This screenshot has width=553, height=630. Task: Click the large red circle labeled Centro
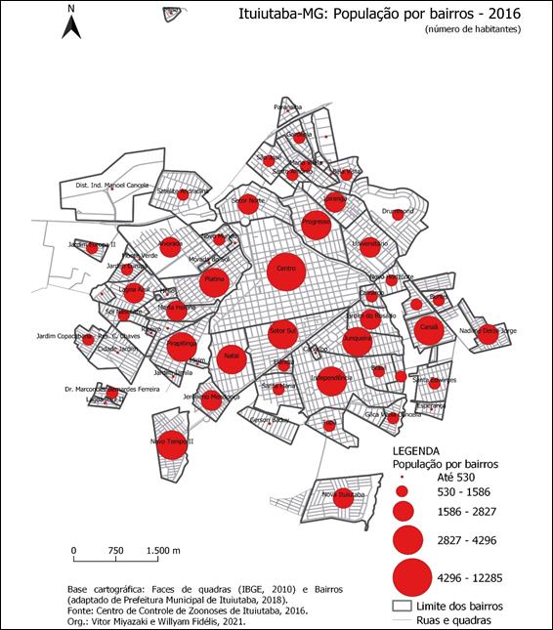point(287,268)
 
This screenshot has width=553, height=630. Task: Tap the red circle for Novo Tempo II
point(172,443)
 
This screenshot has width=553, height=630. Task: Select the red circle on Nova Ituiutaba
point(343,496)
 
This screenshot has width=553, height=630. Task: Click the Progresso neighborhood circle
point(316,224)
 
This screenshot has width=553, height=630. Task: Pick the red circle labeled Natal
point(232,357)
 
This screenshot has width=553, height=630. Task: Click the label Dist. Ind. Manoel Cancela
point(112,185)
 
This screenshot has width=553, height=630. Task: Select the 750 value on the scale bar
point(115,551)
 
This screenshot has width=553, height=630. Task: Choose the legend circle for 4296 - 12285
point(412,580)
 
